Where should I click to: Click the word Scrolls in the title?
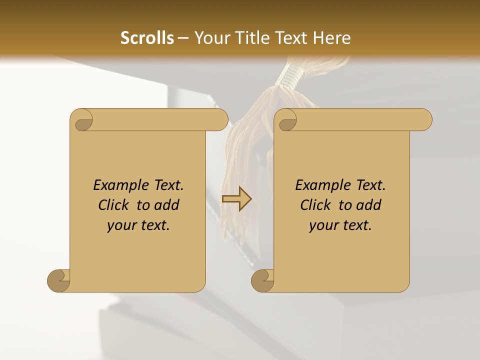(147, 37)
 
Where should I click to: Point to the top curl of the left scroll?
(82, 120)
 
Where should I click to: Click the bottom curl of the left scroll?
(59, 280)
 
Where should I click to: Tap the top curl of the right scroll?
(287, 120)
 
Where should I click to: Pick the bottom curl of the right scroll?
(263, 280)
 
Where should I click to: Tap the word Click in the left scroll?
(112, 205)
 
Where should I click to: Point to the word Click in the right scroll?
(314, 205)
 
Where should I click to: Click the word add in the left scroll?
(168, 205)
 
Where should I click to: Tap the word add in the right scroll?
(370, 205)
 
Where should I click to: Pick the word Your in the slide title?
(211, 37)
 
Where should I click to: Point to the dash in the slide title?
(183, 38)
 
